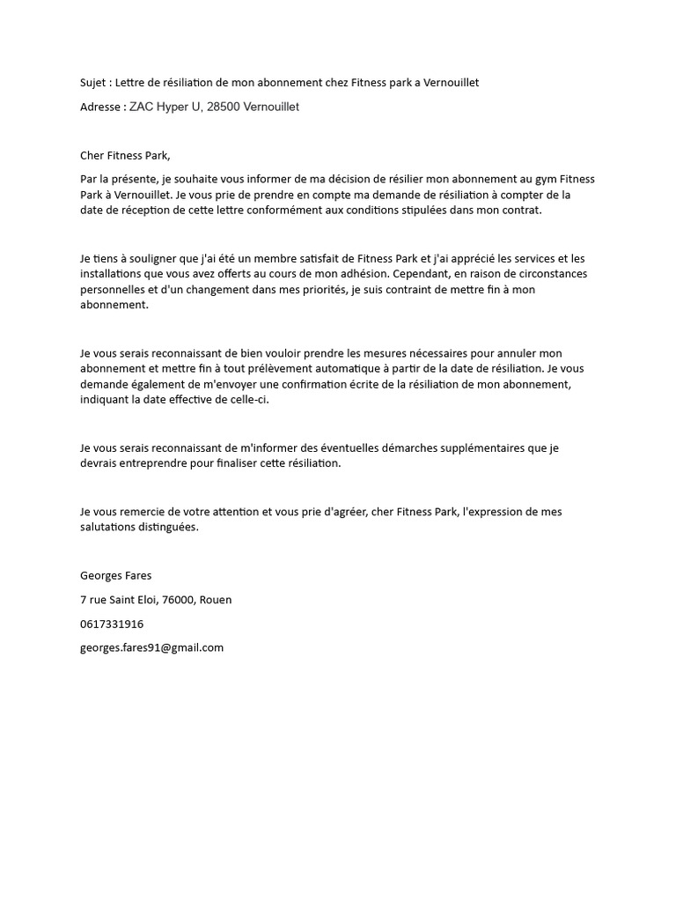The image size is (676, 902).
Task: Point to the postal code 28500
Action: [x=224, y=107]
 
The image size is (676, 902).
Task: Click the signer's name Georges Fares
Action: [x=115, y=576]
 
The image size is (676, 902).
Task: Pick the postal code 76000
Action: [x=179, y=600]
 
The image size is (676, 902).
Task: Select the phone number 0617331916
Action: [x=112, y=624]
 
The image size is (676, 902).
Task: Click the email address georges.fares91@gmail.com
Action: [x=151, y=647]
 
